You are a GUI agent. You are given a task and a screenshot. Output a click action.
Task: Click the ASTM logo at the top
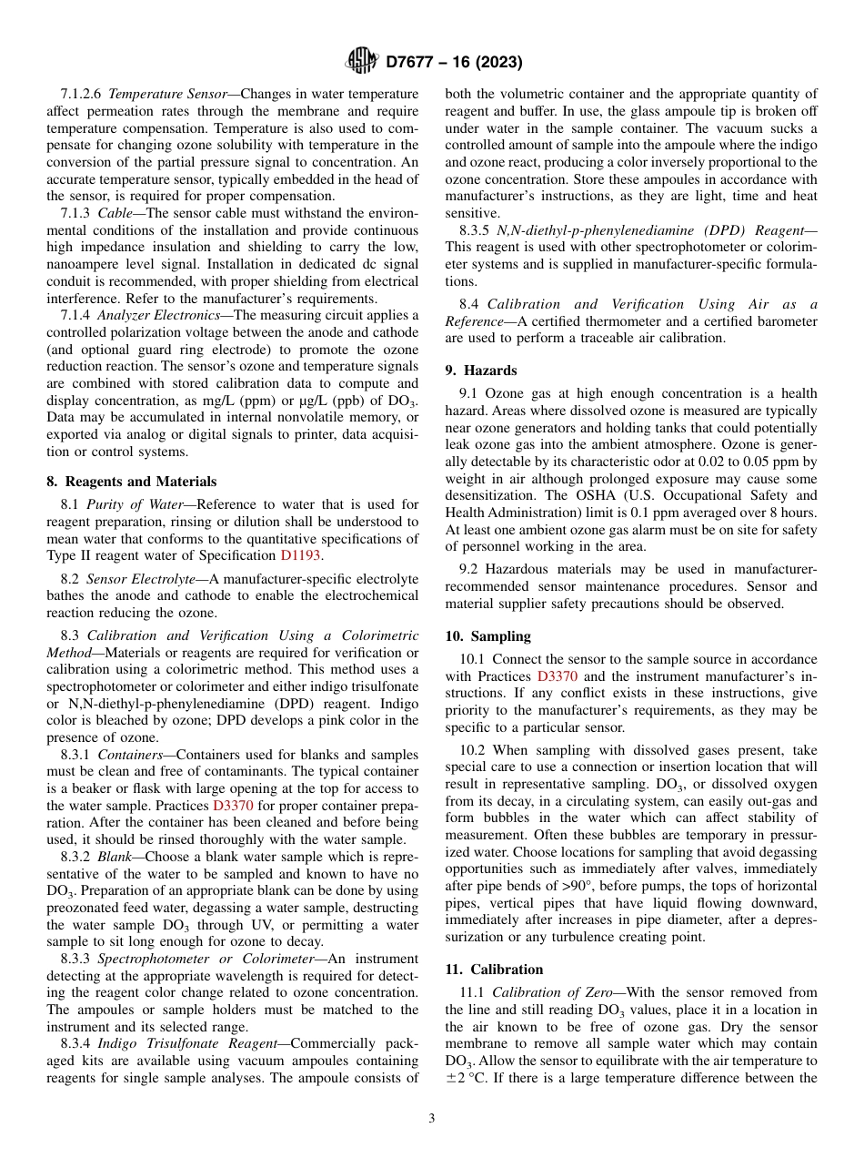click(362, 62)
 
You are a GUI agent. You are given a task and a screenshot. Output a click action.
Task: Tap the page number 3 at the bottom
click(432, 1118)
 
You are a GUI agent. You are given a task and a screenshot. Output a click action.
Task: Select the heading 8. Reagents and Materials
click(131, 482)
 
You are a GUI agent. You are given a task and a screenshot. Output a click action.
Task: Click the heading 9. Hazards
click(481, 370)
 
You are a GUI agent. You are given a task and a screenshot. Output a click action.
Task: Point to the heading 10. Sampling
click(487, 635)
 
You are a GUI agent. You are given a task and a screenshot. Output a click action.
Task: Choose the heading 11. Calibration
click(494, 969)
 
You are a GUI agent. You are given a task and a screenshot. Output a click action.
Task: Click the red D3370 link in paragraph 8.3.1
click(233, 805)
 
